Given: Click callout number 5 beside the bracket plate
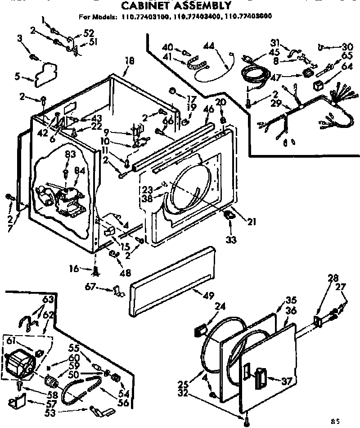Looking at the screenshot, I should click(x=17, y=76).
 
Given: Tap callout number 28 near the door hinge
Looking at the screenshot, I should click(x=333, y=278).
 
